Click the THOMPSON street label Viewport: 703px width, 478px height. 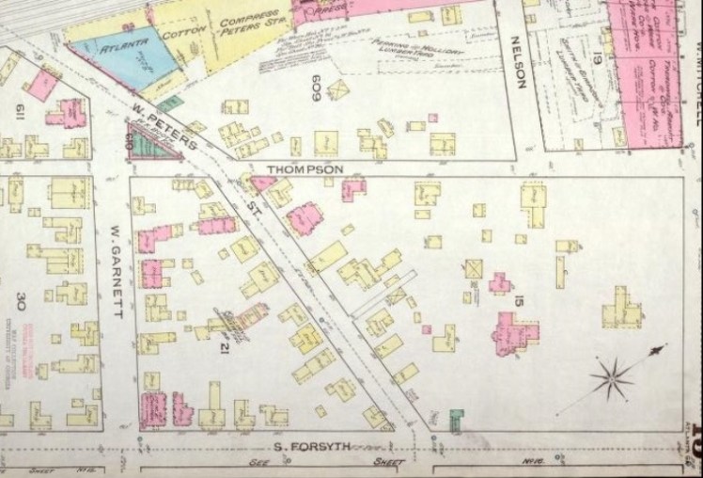302,170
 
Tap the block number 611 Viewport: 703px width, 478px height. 18,114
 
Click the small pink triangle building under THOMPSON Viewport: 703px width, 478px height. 263,183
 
